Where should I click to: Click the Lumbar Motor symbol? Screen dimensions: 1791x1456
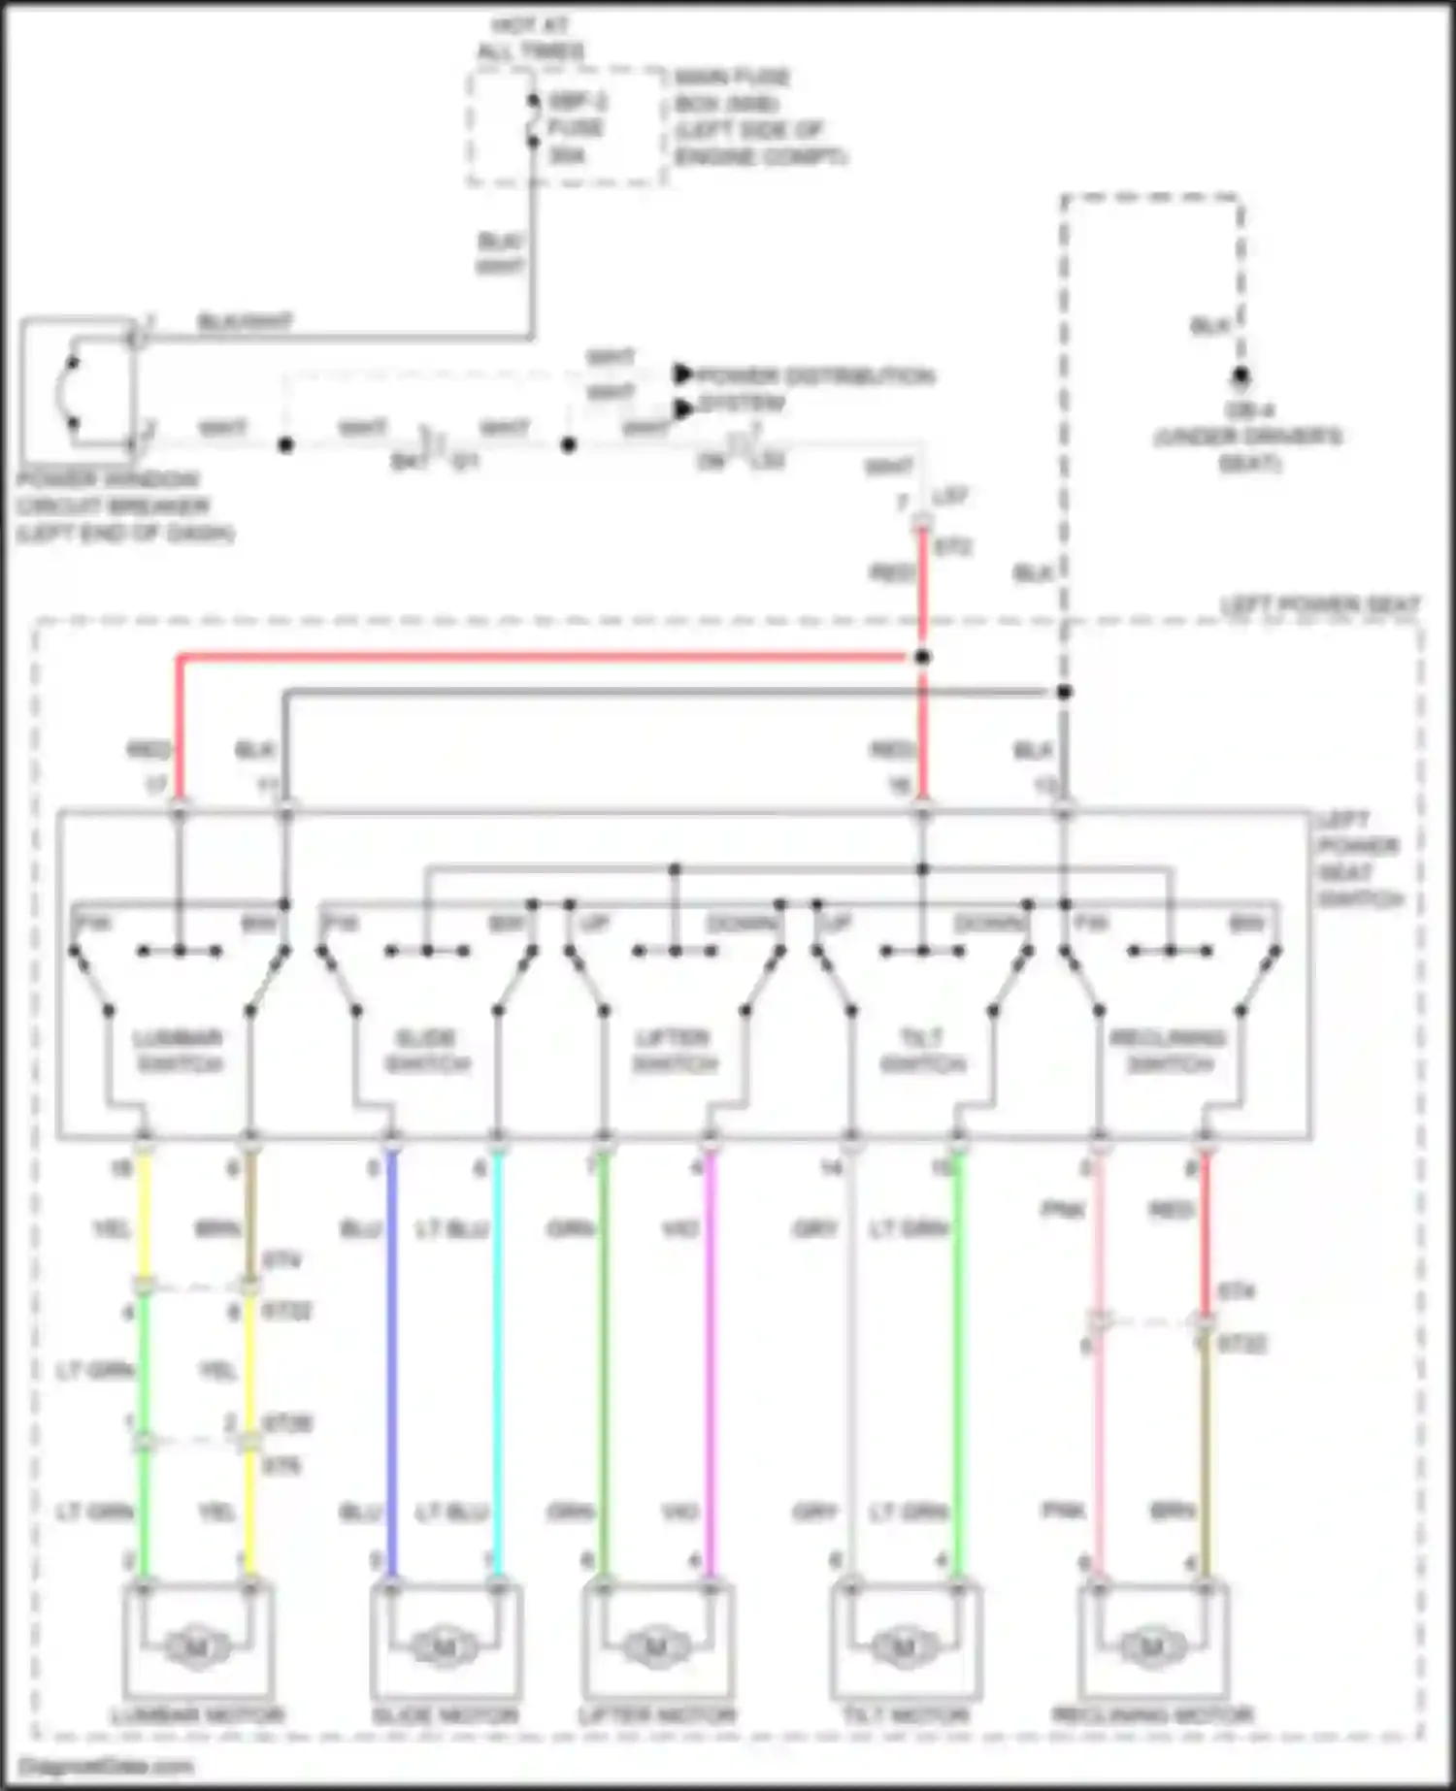[x=197, y=1646]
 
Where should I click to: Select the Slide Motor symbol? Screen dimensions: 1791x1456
[x=445, y=1646]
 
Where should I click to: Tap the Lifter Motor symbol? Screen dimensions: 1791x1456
[x=656, y=1646]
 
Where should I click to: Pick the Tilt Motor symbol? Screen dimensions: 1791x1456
[x=904, y=1646]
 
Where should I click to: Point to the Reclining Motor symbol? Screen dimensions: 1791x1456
[x=1152, y=1646]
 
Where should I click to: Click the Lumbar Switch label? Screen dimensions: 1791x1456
[x=180, y=1051]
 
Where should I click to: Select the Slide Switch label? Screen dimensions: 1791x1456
[x=427, y=1051]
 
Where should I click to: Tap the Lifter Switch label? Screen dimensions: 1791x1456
[x=675, y=1051]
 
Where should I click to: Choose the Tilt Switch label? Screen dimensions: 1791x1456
[x=922, y=1051]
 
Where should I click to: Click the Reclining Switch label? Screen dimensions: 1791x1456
[x=1170, y=1051]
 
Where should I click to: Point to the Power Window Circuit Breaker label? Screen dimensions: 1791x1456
[x=124, y=505]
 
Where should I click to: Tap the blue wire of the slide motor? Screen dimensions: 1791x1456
[x=392, y=1358]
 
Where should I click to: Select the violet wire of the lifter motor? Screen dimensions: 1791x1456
[x=711, y=1358]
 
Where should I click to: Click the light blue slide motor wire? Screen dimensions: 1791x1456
[x=498, y=1358]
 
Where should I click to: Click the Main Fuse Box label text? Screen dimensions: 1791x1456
[x=759, y=116]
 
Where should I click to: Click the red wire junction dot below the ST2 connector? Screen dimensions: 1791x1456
[x=922, y=658]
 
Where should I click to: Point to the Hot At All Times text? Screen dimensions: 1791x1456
[x=530, y=39]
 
